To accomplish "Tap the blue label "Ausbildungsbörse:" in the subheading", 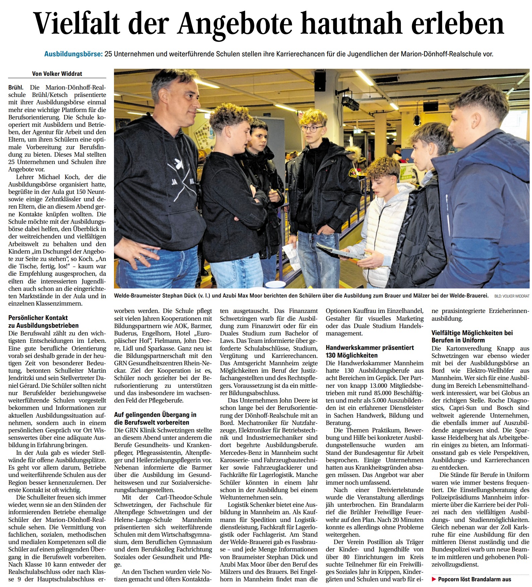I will (73, 54).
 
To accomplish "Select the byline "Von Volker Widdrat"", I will (57, 73).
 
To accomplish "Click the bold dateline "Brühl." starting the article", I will (16, 88).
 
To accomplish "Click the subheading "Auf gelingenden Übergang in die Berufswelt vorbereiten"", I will (155, 418).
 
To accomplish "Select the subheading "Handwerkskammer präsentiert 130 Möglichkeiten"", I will (370, 351).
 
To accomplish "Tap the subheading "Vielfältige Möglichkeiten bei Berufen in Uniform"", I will (472, 336).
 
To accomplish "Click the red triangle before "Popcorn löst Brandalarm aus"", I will (434, 579).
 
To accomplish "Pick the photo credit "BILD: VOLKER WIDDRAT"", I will (512, 296).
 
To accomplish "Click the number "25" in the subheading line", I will (108, 54).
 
